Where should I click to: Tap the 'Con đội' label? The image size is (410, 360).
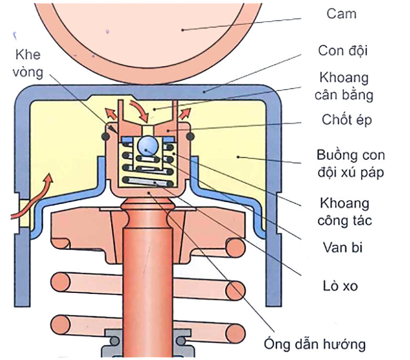click(x=343, y=51)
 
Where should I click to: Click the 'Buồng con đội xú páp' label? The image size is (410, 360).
click(x=350, y=164)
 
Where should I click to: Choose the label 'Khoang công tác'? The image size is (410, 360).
click(x=343, y=211)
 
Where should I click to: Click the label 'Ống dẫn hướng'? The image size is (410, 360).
click(x=314, y=344)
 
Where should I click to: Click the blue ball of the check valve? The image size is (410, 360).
click(x=148, y=145)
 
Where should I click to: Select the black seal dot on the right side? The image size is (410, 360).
click(x=190, y=136)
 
